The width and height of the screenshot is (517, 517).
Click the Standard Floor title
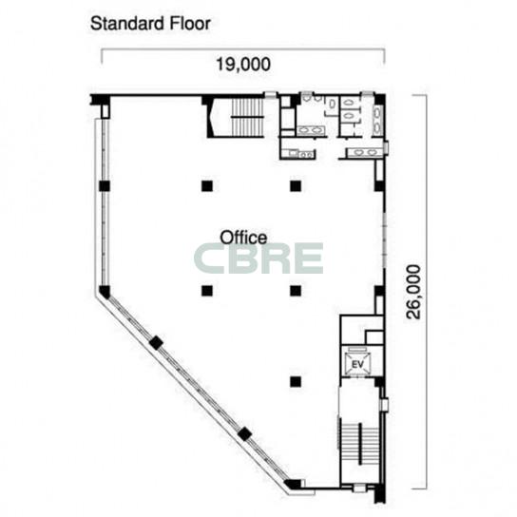(150, 24)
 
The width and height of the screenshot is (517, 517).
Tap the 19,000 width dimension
(243, 64)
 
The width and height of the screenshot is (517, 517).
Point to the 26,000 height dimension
(413, 292)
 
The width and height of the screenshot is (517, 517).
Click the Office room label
(243, 238)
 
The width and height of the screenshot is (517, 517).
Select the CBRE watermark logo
(258, 258)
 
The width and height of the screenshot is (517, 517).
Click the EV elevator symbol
(357, 364)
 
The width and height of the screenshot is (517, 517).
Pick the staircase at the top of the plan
(247, 117)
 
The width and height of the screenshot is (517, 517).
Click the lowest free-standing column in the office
(296, 381)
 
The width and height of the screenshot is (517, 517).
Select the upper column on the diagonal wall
(156, 343)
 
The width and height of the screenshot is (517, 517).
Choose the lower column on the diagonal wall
(244, 434)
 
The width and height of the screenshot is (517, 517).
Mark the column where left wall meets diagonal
(105, 292)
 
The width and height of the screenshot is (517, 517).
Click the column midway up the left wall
(105, 186)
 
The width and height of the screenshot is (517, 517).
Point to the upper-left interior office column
(207, 186)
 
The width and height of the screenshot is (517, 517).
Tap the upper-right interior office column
(296, 186)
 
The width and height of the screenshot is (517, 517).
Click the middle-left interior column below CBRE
(207, 291)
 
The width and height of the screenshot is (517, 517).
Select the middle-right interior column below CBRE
(296, 291)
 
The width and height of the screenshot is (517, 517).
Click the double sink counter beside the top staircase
(310, 130)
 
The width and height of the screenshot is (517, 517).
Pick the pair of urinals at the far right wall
(377, 120)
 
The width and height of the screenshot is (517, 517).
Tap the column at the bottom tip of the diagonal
(294, 484)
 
